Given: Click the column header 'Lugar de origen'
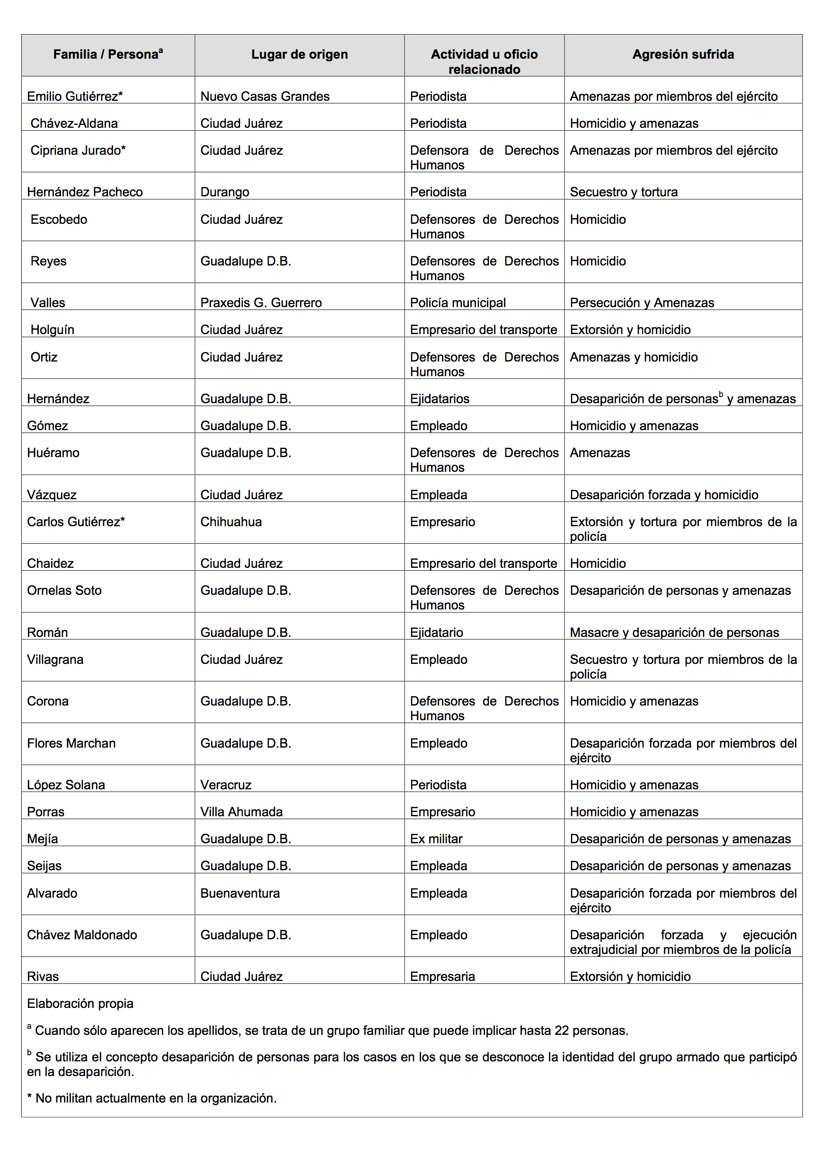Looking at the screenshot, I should pos(299,54).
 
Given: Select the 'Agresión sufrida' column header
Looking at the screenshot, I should pos(683,54).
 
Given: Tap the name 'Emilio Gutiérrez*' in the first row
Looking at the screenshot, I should pos(75,96).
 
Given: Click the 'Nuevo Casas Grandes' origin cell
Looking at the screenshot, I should pos(265,96).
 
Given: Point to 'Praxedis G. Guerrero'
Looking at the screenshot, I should pos(261,303).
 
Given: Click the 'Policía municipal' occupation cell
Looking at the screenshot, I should pos(458,303).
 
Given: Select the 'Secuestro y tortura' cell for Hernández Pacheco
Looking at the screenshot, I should pos(623,192).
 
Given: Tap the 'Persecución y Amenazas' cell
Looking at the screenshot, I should pos(642,303).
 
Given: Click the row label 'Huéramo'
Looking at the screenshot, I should pos(53,452).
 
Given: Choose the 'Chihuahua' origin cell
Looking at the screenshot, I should pos(230,521).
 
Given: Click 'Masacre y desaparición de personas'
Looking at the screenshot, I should pos(674,633).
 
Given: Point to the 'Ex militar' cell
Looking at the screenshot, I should pos(436,839).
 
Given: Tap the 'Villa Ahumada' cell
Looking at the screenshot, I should pos(241,812).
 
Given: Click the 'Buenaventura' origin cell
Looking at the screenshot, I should pos(240,893).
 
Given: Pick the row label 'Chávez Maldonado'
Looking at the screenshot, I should pos(82,935).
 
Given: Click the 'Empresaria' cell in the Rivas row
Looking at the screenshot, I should pos(442,977).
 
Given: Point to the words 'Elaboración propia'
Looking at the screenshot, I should pos(80,1003).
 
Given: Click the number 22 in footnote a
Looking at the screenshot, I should pos(562,1030).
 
